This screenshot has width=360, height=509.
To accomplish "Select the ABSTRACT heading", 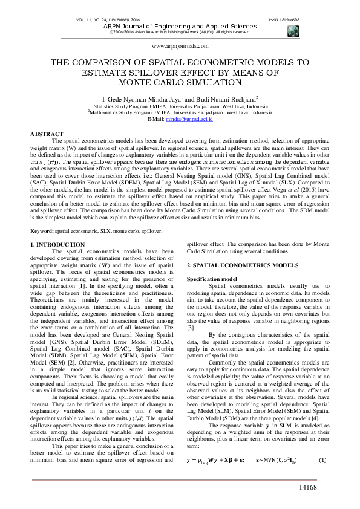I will (x=47, y=134).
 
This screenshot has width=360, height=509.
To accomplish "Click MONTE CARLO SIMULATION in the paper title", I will (x=180, y=83).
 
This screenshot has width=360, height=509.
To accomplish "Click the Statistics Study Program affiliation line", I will (x=180, y=105).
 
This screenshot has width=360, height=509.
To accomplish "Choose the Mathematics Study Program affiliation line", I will (x=180, y=112).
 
